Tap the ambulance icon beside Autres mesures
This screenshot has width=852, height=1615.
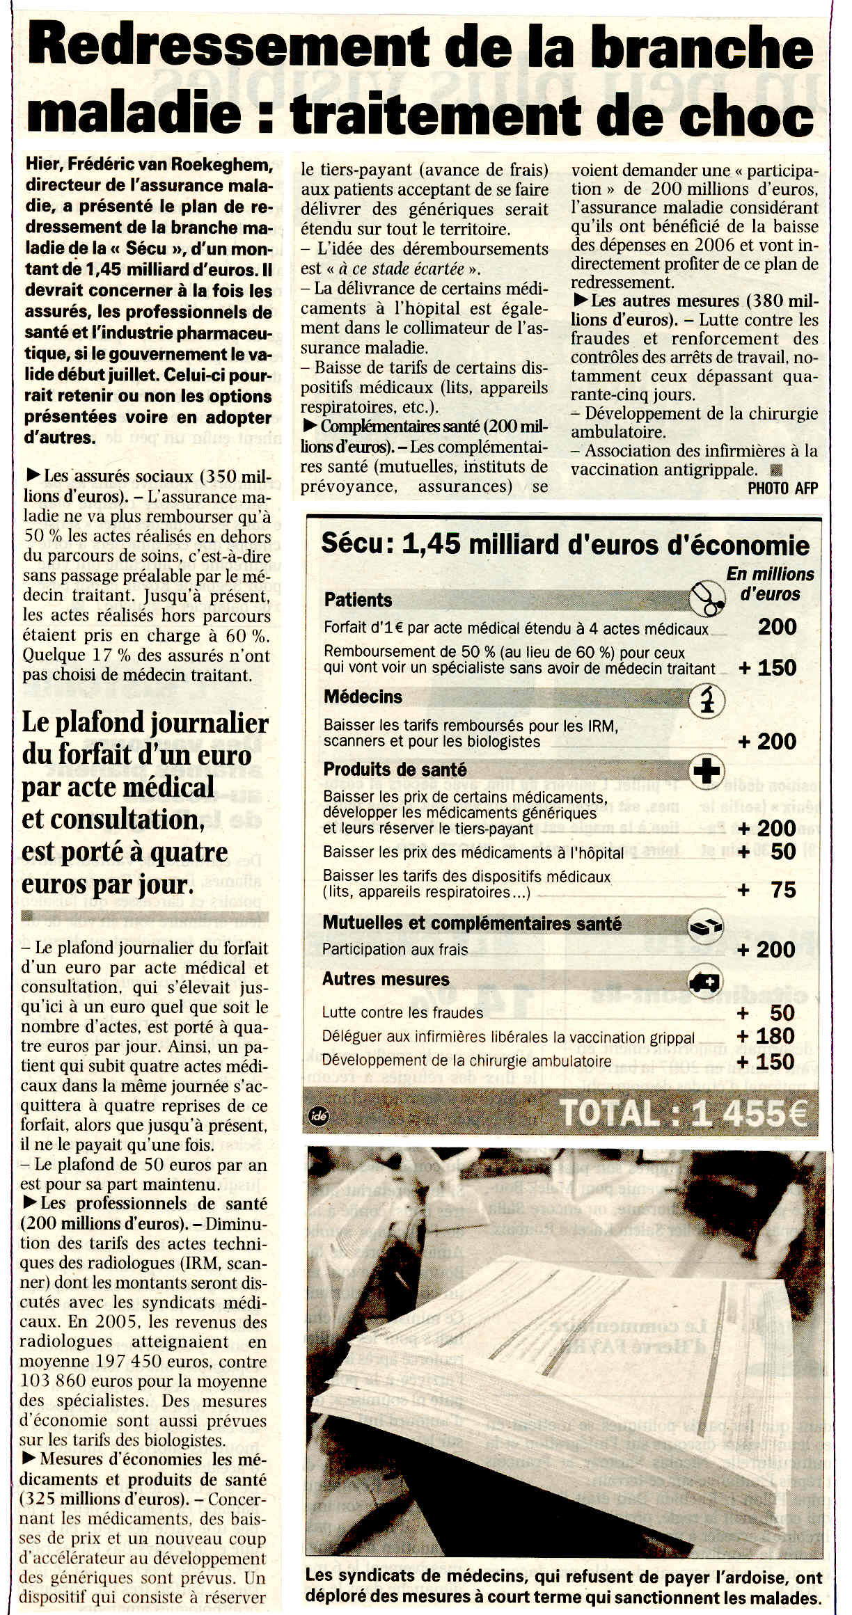[x=705, y=981]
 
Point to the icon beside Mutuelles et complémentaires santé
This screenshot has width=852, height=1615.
[x=705, y=926]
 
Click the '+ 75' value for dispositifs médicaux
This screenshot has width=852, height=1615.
[x=767, y=890]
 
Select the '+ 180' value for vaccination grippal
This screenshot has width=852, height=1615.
[x=766, y=1036]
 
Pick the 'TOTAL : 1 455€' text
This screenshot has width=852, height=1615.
[x=684, y=1113]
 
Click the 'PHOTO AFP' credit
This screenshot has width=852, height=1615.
[x=782, y=488]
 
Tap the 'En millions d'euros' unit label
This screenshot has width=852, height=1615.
[x=770, y=584]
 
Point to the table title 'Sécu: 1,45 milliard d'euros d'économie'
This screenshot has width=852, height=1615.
[x=565, y=545]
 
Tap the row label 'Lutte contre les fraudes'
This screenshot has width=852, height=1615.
[x=402, y=1012]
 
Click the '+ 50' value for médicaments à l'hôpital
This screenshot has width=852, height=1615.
[x=767, y=852]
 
